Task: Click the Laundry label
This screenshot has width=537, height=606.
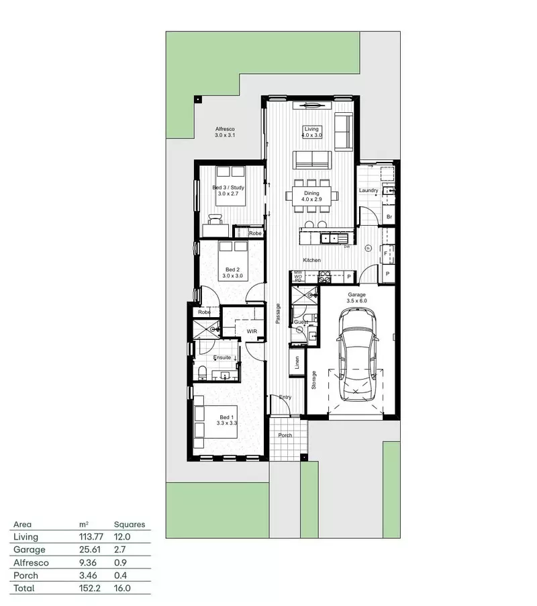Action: point(369,191)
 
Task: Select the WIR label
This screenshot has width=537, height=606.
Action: point(252,331)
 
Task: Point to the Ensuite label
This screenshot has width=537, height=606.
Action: point(222,357)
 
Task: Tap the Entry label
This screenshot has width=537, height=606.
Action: point(285,397)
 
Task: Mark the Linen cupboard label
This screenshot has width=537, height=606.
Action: point(297,361)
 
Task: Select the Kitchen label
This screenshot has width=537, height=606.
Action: point(311,260)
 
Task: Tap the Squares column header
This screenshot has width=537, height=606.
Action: point(129,524)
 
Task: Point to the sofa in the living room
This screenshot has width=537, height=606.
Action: point(312,160)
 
